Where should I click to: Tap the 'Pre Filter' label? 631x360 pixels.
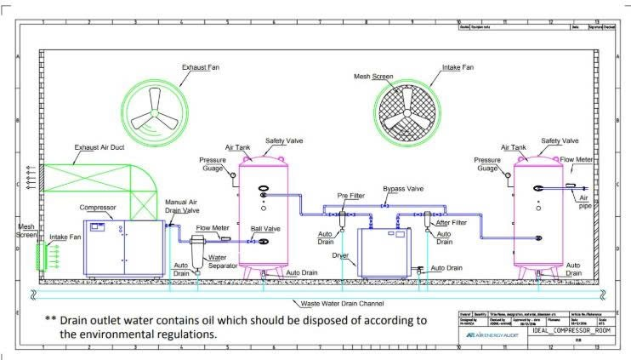[350, 196]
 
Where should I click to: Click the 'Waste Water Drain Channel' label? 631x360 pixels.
[344, 304]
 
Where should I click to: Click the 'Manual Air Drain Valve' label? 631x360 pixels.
[183, 205]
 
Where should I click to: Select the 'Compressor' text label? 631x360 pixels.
[97, 207]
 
